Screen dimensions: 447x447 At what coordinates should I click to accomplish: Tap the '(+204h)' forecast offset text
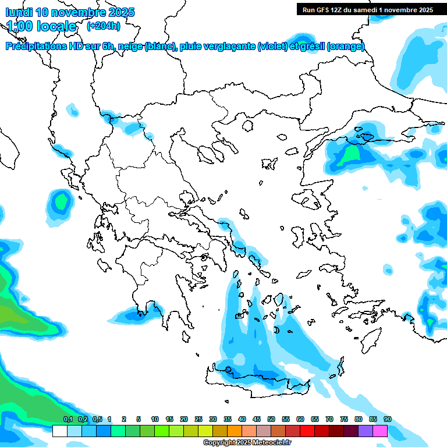click(103, 26)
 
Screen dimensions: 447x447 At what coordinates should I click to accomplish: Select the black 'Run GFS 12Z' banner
click(367, 9)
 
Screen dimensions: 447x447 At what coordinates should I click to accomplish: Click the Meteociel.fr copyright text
click(247, 443)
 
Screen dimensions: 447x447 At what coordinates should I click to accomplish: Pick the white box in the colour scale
click(59, 431)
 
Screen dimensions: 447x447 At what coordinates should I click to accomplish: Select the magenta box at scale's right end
click(380, 431)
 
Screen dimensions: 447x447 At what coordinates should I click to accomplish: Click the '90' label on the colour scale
click(387, 419)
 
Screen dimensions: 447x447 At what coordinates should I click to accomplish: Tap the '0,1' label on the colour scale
click(68, 419)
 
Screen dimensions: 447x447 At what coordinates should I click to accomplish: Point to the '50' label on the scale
click(271, 419)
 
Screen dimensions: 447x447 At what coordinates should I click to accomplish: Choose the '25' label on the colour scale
click(198, 419)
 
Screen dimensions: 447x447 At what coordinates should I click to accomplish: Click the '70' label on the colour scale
click(329, 419)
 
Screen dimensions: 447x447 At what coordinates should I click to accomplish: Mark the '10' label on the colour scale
click(155, 419)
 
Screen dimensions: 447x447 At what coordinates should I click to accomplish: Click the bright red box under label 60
click(307, 431)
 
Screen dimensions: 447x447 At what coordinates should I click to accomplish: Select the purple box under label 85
click(366, 431)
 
